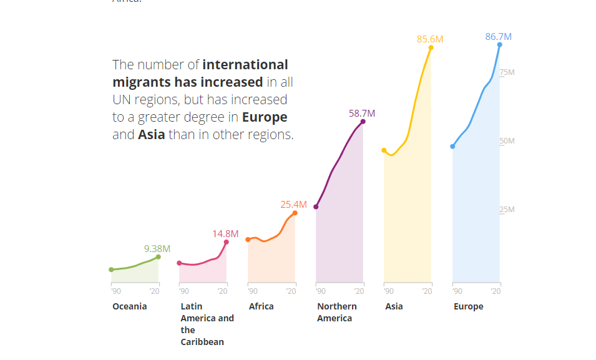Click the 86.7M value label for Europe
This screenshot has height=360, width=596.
pyautogui.click(x=498, y=37)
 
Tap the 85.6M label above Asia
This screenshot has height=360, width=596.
pyautogui.click(x=430, y=39)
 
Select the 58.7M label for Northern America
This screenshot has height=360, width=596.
pyautogui.click(x=362, y=113)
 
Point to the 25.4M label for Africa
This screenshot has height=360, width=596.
pyautogui.click(x=293, y=204)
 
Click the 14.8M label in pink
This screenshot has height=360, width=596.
pyautogui.click(x=225, y=233)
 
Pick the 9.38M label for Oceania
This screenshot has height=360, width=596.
pyautogui.click(x=157, y=248)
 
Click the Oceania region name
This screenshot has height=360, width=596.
pyautogui.click(x=130, y=306)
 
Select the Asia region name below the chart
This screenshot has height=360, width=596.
pyautogui.click(x=394, y=306)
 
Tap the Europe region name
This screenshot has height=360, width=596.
pyautogui.click(x=468, y=306)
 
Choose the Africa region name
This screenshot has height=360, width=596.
pyautogui.click(x=261, y=306)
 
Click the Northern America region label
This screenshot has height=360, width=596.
pyautogui.click(x=337, y=312)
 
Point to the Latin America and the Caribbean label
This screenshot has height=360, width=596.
pyautogui.click(x=207, y=324)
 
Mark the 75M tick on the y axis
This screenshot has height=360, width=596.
pyautogui.click(x=507, y=72)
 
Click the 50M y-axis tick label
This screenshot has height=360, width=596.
pyautogui.click(x=507, y=141)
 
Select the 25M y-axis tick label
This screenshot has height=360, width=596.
pyautogui.click(x=507, y=210)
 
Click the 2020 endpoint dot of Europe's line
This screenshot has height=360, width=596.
pyautogui.click(x=499, y=45)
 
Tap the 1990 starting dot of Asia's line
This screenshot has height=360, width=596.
pyautogui.click(x=384, y=150)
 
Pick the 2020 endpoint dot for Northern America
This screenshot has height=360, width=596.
pyautogui.click(x=363, y=121)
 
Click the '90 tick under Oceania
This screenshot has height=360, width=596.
pyautogui.click(x=115, y=291)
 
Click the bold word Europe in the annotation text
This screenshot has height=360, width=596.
pyautogui.click(x=265, y=117)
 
